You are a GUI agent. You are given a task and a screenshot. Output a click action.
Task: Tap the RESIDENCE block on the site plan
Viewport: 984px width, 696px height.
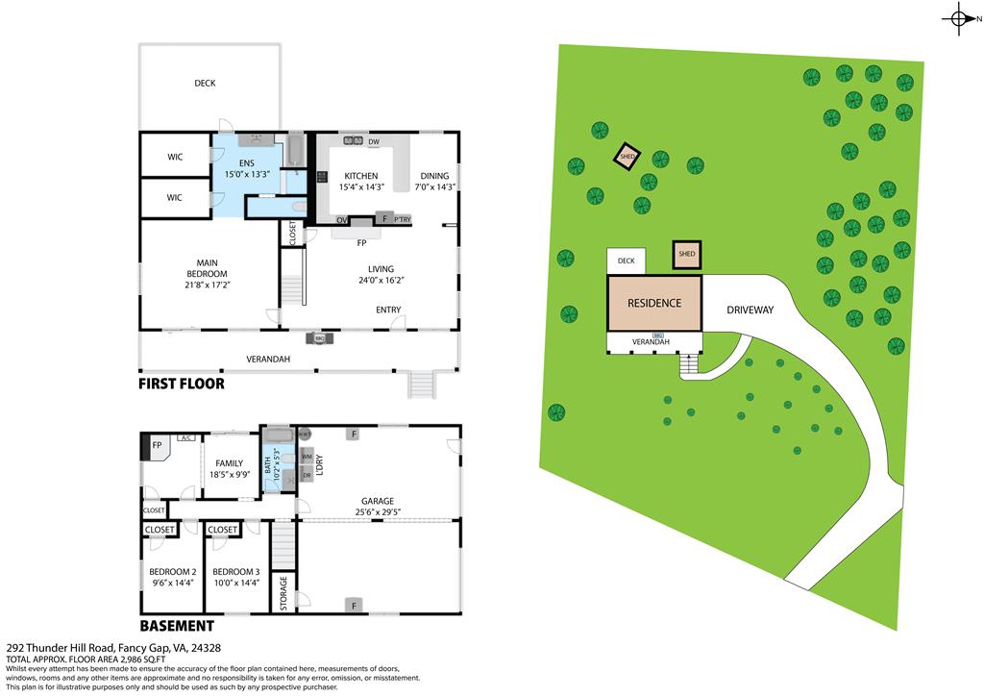coord(654,303)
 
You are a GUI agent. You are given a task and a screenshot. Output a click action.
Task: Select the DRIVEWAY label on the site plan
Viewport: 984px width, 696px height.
coord(750,311)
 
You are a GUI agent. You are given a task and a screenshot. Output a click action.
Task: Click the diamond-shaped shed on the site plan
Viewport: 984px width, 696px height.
coord(627,157)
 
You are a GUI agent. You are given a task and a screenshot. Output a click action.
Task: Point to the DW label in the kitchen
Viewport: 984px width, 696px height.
coord(374,143)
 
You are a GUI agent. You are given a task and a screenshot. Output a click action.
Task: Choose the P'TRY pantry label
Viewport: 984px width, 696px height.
coord(402,219)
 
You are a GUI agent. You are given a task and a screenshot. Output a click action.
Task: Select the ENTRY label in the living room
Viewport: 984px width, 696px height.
coord(388,310)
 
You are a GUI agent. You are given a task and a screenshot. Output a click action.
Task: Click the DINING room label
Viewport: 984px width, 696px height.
coord(434,176)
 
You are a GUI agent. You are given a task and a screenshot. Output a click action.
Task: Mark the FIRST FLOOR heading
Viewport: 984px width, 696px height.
coord(182,384)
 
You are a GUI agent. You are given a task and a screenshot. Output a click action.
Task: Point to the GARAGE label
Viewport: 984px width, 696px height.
coord(378,501)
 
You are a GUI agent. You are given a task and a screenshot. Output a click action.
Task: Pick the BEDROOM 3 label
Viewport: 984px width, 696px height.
coord(236,571)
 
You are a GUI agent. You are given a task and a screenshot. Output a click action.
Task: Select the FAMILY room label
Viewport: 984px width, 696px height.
coord(229,462)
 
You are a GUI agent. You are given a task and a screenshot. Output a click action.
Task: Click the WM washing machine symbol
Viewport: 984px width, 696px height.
coord(307,457)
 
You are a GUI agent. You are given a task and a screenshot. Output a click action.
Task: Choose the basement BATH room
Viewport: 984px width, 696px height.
coord(277,462)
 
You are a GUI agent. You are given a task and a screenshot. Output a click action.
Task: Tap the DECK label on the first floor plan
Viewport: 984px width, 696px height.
coord(205,84)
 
